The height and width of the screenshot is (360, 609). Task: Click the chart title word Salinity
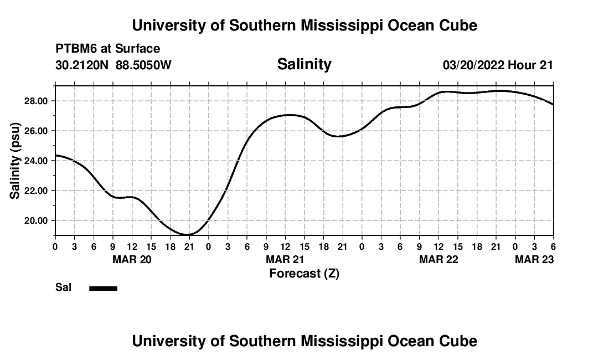tap(304, 64)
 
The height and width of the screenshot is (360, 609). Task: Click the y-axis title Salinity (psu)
tap(15, 160)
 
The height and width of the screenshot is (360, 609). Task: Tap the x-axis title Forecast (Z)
tap(304, 273)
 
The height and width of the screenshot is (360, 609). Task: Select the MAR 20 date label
tap(132, 259)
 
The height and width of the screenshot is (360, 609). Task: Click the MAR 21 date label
tap(285, 259)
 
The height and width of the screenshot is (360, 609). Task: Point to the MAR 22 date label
tap(438, 259)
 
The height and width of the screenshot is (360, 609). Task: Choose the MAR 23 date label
tap(534, 259)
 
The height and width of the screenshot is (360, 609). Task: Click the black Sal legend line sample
tap(104, 288)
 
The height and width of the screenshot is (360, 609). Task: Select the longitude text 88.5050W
tap(143, 65)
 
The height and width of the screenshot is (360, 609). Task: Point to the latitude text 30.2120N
tap(82, 65)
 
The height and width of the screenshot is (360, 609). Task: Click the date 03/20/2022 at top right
tap(473, 65)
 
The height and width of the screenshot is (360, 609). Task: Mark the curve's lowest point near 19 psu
tap(188, 234)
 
